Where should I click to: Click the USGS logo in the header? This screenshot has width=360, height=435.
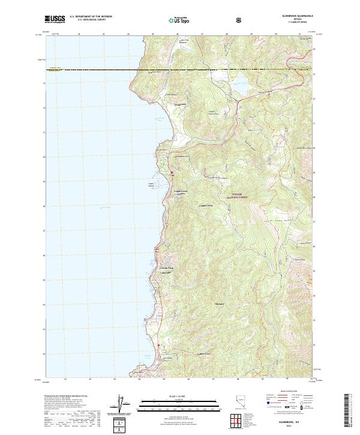[x=55, y=19]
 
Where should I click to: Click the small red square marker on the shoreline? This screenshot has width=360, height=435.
[x=172, y=173]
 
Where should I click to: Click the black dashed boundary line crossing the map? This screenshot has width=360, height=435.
[x=180, y=70]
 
